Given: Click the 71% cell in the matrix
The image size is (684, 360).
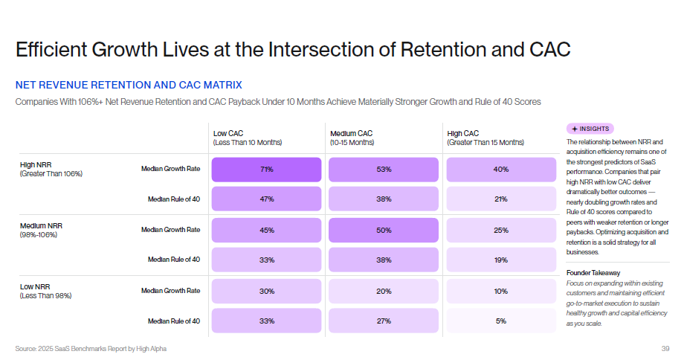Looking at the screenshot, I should coord(266,170).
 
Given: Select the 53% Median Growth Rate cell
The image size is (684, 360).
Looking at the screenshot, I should coord(384,170).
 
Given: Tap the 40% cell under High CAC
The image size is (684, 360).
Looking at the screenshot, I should coord(500,170).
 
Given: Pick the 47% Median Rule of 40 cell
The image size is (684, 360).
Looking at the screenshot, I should coord(266,199).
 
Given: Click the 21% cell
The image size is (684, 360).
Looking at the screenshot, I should coord(500,199).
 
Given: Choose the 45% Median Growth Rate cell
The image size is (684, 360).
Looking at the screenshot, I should coord(266,230).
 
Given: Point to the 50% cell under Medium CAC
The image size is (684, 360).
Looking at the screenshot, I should coord(384,230).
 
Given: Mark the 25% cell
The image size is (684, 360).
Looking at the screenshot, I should coord(500,230).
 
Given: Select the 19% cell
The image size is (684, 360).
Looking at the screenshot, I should coord(500,260).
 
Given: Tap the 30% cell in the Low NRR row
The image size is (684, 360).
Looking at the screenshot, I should coord(266,291).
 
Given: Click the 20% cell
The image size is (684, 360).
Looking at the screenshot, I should coord(384,291).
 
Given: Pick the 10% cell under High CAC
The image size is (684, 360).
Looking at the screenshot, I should coord(500,291).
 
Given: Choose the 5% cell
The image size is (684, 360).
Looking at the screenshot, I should coord(500,321).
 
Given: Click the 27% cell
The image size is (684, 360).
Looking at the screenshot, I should coord(384,321).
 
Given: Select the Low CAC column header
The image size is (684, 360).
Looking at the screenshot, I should coord(248,138).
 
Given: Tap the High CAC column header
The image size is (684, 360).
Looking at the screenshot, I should coord(485,138).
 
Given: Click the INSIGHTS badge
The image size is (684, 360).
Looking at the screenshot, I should coord(590,129).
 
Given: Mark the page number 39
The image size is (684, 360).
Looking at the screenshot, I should coord(665,348).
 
